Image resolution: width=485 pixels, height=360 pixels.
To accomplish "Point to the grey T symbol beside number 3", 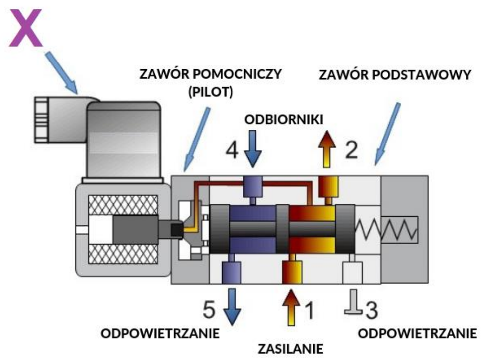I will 352,307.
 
